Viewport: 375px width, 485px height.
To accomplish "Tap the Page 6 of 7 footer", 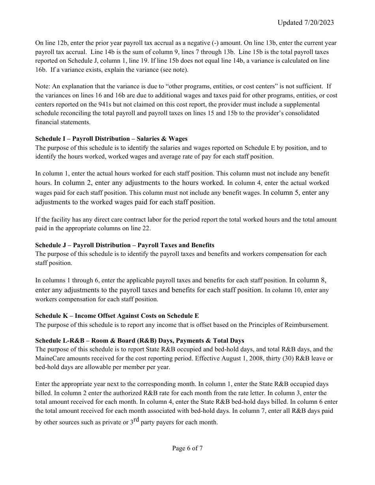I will pos(187,448).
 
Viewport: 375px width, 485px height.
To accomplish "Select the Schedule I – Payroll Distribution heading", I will pos(111,138).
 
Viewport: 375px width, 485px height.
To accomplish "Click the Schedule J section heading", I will pos(125,245).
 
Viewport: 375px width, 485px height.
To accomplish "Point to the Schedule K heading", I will pos(117,316).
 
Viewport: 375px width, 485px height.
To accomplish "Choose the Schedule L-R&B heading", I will pos(140,340).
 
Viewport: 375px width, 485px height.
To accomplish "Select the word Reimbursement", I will pos(308,325).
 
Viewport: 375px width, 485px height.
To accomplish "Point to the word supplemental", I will pos(302,104).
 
